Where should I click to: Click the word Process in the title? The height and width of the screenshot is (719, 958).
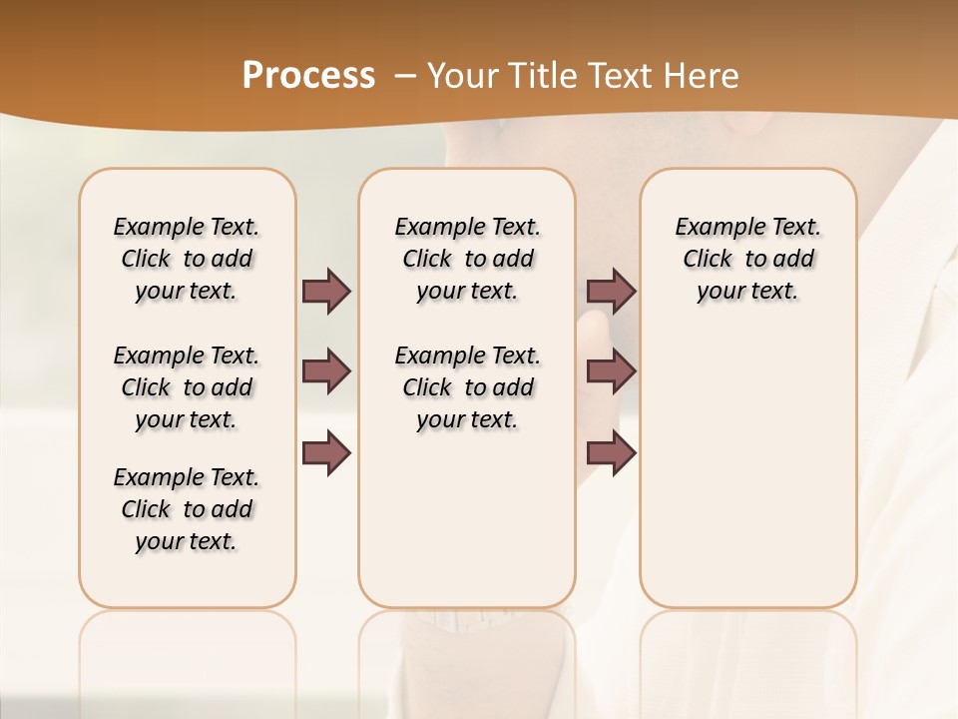click(x=308, y=76)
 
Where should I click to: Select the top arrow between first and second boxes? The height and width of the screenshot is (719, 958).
click(x=326, y=291)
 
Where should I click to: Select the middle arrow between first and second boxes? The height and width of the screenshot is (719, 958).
click(x=326, y=371)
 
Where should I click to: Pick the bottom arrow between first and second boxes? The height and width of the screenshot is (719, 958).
click(x=326, y=452)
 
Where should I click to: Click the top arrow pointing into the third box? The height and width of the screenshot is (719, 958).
click(x=611, y=291)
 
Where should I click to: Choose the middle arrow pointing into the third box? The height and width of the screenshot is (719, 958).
click(x=611, y=371)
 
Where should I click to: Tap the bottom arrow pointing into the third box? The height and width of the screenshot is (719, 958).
click(x=611, y=452)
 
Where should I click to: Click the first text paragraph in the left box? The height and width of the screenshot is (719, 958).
click(x=187, y=259)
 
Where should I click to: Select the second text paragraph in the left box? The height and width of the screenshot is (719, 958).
click(x=187, y=387)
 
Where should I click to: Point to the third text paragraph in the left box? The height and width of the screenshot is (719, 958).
click(x=187, y=509)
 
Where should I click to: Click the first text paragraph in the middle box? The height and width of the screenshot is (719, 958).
click(x=467, y=259)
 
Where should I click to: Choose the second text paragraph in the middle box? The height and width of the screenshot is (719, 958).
click(x=467, y=387)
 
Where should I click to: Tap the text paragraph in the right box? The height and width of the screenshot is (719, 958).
click(x=747, y=259)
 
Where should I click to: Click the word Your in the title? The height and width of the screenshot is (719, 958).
click(x=458, y=76)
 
